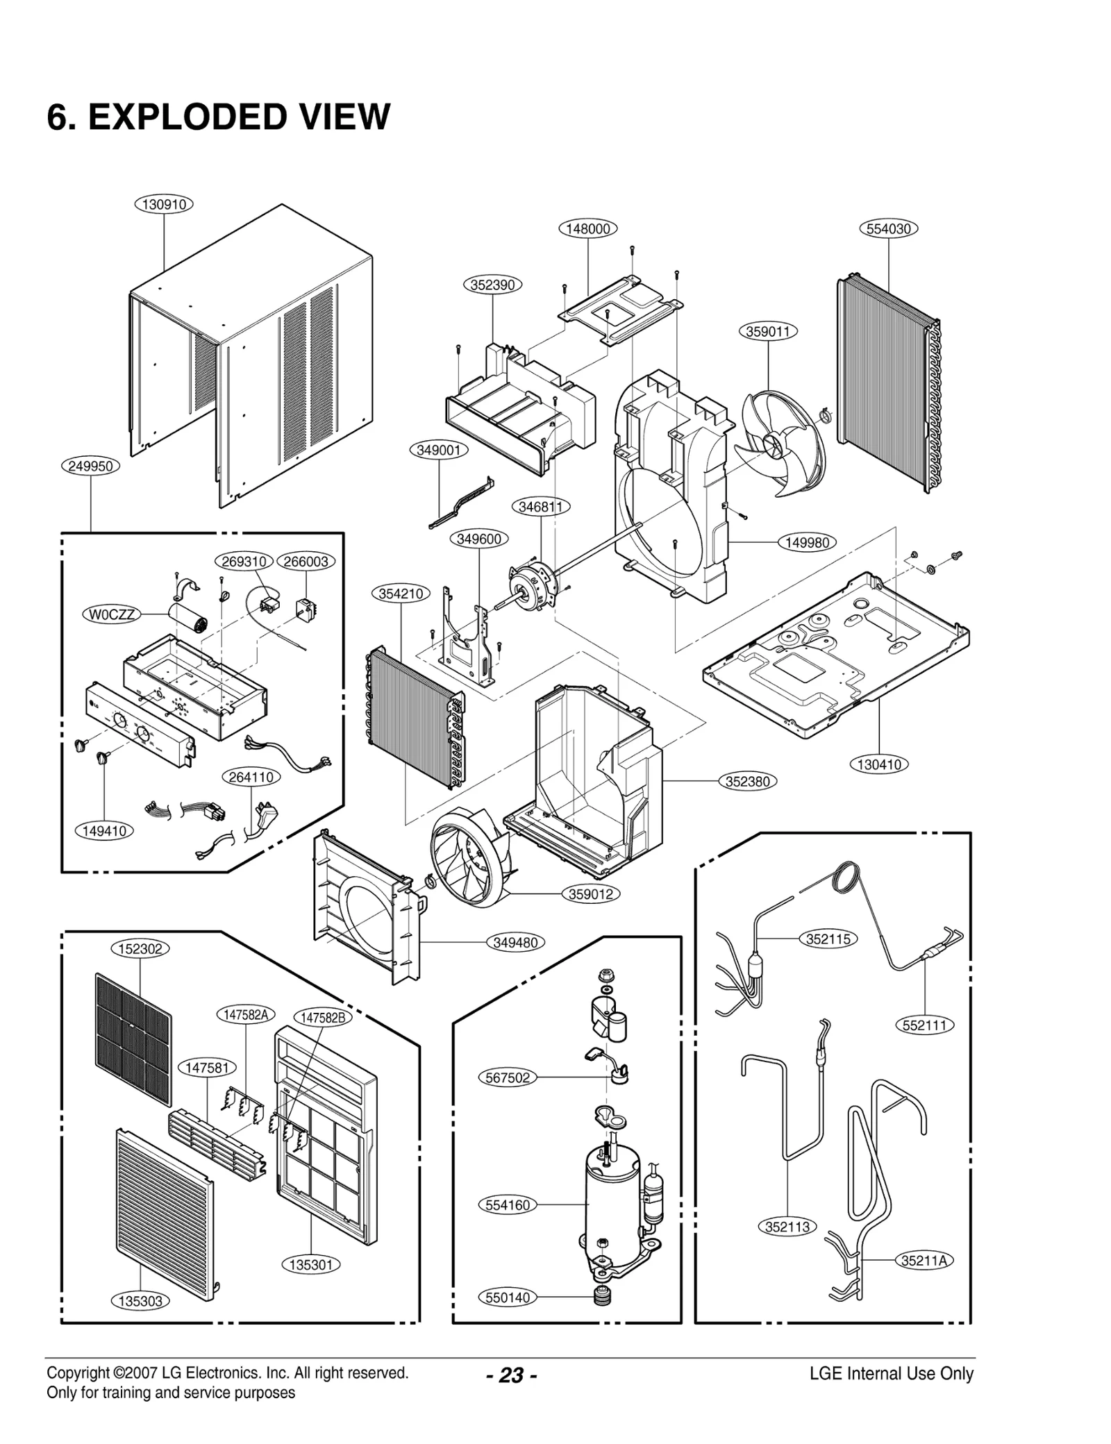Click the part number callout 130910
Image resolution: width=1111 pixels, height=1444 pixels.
163,204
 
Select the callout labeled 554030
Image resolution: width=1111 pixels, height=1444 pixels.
889,228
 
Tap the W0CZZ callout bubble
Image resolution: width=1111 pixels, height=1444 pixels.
112,614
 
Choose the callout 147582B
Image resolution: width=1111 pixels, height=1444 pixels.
323,1018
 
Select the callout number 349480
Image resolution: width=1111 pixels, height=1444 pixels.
515,943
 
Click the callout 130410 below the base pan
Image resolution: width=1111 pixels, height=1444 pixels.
879,764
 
